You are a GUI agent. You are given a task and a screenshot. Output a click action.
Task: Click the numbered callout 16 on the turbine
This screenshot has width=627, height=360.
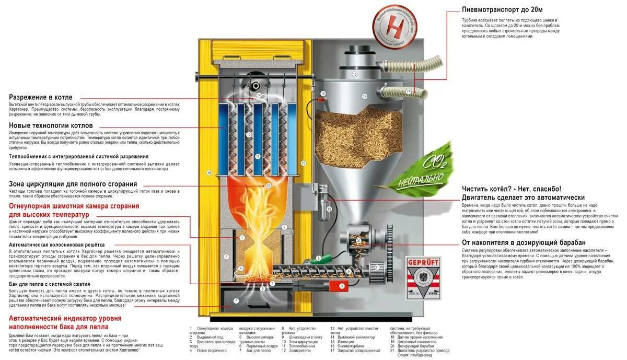[354, 74]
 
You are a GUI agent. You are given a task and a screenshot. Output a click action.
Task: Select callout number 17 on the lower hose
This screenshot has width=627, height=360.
[408, 91]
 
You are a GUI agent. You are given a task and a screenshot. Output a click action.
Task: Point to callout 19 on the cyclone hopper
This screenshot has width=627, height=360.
[365, 97]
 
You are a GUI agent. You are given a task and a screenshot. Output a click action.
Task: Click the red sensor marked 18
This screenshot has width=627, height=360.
[323, 94]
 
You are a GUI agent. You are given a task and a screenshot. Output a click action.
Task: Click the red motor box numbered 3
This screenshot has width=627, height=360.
[342, 286]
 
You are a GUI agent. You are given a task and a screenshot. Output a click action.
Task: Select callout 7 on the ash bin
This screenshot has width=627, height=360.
[236, 301]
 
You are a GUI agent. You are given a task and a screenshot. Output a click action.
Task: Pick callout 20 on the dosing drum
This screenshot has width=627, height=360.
[358, 241]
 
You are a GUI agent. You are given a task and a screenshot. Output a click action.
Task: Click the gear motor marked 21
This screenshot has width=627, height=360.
[377, 268]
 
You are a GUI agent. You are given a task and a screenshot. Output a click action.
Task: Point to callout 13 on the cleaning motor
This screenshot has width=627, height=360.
[329, 209]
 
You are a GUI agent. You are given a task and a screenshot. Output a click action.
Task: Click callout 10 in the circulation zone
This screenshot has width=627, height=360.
[269, 185]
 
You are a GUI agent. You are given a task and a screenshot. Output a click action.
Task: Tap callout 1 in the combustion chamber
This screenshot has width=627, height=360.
[242, 237]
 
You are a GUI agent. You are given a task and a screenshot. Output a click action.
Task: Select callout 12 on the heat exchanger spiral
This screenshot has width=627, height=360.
[249, 135]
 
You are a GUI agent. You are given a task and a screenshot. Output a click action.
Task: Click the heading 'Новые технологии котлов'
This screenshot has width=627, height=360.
[51, 125]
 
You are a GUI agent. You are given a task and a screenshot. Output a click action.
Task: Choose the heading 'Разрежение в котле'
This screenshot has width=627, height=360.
[41, 97]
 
